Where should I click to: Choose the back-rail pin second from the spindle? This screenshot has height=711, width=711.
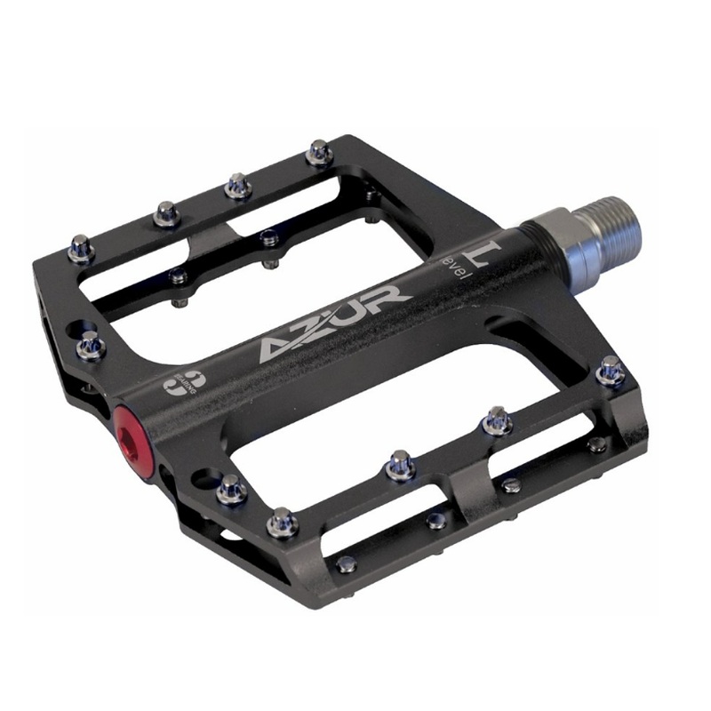237,184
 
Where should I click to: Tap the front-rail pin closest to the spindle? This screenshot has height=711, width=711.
610,369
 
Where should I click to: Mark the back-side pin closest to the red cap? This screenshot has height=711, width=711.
90,344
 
